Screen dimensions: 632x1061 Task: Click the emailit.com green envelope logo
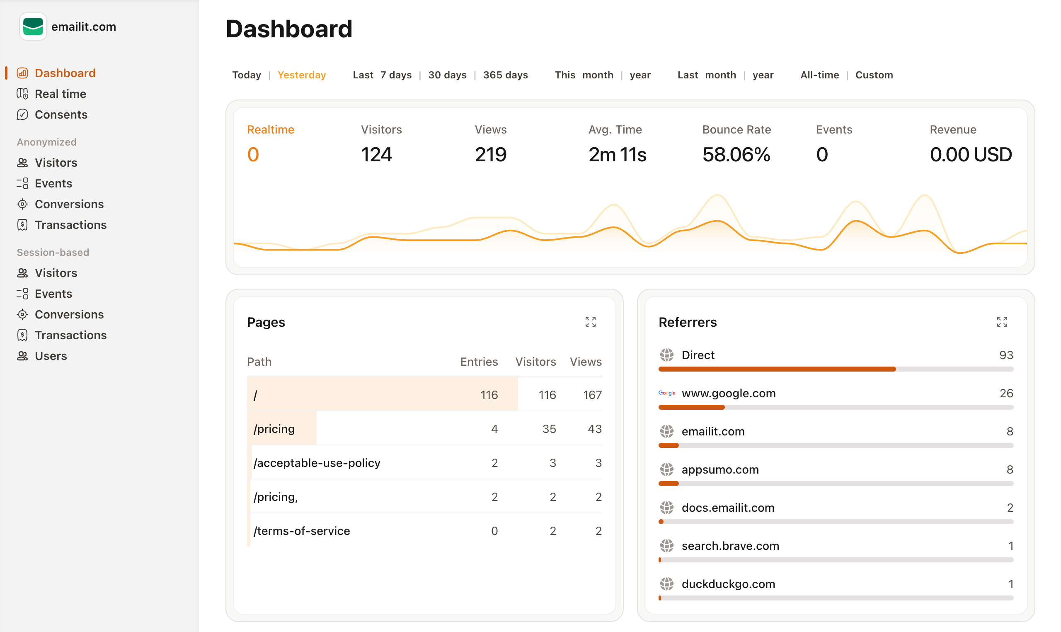(33, 27)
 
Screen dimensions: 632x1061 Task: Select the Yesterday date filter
(301, 75)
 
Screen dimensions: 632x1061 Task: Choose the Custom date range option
(874, 75)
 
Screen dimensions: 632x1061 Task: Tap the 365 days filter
(505, 75)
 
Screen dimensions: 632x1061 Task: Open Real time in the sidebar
(61, 94)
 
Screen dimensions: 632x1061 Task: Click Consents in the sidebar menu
(61, 114)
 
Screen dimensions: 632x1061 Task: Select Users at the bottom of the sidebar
(51, 356)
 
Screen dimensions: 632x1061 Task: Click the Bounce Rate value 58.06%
(736, 155)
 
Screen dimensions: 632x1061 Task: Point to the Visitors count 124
(376, 155)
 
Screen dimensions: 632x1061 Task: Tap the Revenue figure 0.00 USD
(970, 155)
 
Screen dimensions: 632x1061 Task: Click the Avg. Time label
(615, 129)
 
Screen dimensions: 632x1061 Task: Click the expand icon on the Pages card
(590, 322)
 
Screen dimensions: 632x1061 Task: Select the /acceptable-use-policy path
(317, 463)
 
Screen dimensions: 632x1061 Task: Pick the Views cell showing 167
(592, 395)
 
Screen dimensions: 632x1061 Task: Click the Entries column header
(479, 362)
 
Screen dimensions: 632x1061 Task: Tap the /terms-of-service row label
(301, 531)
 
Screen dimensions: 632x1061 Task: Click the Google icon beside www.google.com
(666, 393)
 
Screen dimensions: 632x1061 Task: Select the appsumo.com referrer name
(720, 470)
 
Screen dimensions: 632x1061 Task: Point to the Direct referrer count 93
(1006, 355)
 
